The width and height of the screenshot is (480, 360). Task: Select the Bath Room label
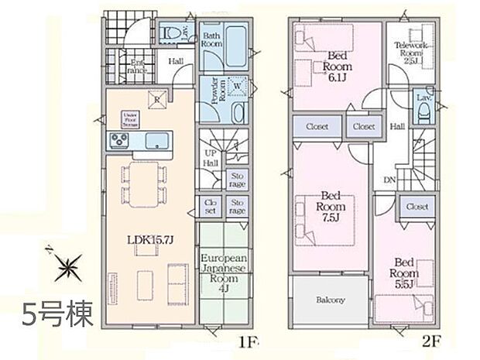pos(213,40)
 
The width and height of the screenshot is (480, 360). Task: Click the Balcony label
pos(330,300)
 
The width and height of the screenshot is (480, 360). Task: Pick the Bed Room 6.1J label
pos(339,65)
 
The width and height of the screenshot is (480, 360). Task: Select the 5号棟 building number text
pos(60,314)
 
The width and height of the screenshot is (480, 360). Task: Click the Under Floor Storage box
pos(129,119)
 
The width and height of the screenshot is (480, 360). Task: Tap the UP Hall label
pos(210,158)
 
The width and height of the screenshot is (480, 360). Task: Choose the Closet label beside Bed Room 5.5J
pos(417,207)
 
